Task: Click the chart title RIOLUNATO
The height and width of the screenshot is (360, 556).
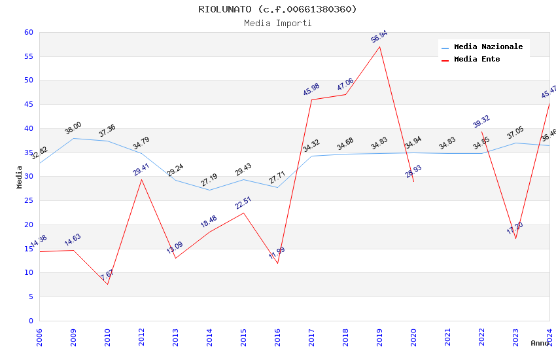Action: click(x=278, y=9)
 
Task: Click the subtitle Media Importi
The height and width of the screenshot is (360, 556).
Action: click(x=278, y=23)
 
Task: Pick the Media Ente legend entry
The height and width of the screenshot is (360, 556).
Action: click(x=477, y=60)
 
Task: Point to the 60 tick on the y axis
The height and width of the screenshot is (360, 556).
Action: click(x=28, y=32)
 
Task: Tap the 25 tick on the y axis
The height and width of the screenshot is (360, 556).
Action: click(x=28, y=200)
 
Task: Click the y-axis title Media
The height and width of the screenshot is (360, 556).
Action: click(x=20, y=177)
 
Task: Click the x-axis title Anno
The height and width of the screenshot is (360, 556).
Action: click(x=540, y=343)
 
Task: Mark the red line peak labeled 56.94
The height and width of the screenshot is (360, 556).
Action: click(x=379, y=46)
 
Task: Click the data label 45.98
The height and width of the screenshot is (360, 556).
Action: click(x=311, y=90)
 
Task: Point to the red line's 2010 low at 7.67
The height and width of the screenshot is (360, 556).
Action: click(x=107, y=284)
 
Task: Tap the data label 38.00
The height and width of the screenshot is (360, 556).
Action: click(x=73, y=128)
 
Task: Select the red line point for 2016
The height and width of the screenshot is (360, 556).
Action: click(x=277, y=263)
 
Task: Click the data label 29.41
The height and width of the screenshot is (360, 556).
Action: click(x=141, y=170)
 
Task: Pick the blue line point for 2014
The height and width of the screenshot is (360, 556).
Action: click(x=209, y=190)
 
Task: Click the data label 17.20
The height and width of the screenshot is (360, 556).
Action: click(x=515, y=228)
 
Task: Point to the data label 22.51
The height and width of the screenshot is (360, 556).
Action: click(x=243, y=203)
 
